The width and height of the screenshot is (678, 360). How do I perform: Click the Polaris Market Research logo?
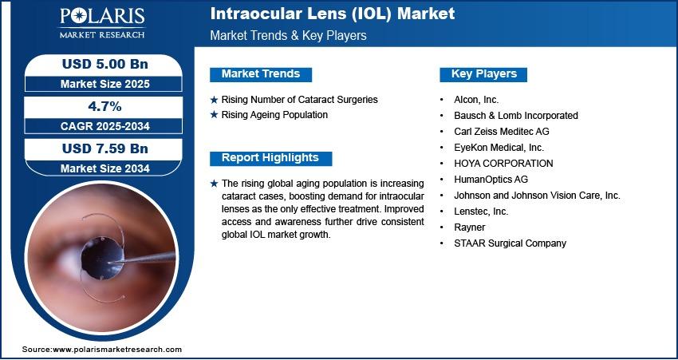click(x=102, y=23)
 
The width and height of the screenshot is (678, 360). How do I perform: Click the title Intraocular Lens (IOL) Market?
click(x=332, y=14)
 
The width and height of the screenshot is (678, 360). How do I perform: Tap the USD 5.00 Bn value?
click(x=105, y=65)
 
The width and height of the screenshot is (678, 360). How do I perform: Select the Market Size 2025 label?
click(x=105, y=84)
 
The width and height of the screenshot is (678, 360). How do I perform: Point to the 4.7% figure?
click(x=105, y=106)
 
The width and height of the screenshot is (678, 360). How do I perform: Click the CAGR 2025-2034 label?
click(x=105, y=126)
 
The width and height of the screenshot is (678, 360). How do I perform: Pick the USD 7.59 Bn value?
click(x=105, y=148)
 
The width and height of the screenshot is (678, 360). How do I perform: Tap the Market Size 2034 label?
click(x=105, y=168)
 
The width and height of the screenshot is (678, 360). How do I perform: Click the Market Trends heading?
click(x=261, y=74)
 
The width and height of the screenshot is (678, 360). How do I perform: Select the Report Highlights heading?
click(x=270, y=158)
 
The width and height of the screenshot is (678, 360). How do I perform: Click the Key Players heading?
click(x=484, y=74)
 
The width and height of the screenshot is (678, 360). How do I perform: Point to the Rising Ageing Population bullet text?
click(x=274, y=115)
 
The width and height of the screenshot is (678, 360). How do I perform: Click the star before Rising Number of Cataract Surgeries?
click(x=214, y=100)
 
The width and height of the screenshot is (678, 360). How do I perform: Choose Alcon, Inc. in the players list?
click(x=476, y=100)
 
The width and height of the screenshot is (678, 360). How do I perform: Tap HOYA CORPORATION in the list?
click(x=503, y=163)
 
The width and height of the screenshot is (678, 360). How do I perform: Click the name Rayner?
click(x=470, y=227)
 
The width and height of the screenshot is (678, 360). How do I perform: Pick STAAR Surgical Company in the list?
click(x=510, y=243)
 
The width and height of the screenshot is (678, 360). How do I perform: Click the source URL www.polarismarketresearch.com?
click(x=117, y=349)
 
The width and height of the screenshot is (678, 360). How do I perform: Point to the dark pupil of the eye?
click(x=102, y=258)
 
